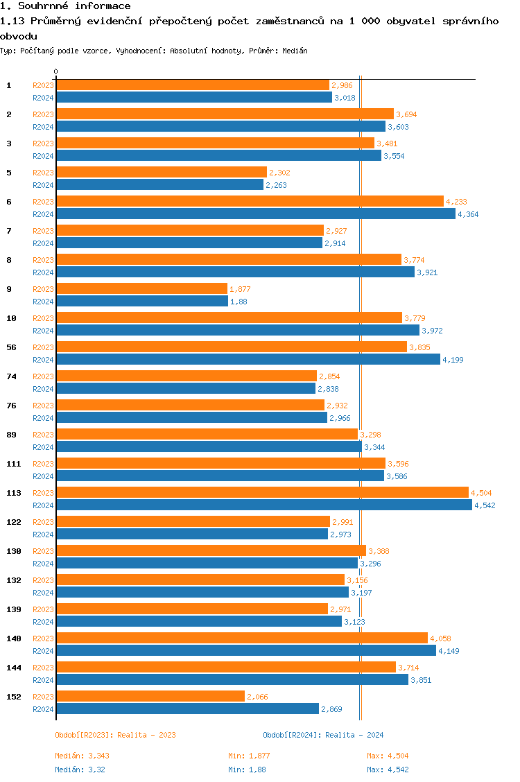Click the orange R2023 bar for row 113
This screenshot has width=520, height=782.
pyautogui.click(x=262, y=492)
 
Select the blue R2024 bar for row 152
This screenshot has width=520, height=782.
pyautogui.click(x=187, y=709)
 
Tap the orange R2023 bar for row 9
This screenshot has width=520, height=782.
pyautogui.click(x=141, y=288)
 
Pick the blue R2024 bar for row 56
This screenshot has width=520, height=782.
pyautogui.click(x=248, y=359)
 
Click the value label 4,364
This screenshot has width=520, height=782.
pyautogui.click(x=468, y=214)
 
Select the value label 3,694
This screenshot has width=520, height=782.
pyautogui.click(x=406, y=114)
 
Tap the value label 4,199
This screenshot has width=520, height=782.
pyautogui.click(x=453, y=360)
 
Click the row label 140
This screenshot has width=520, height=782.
pyautogui.click(x=13, y=638)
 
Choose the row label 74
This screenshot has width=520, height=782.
pyautogui.click(x=12, y=376)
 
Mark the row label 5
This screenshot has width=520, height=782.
pyautogui.click(x=9, y=172)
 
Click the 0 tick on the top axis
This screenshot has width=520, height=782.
pyautogui.click(x=55, y=72)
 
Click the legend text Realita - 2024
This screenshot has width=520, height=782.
pyautogui.click(x=354, y=735)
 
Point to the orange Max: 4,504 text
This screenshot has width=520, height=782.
pyautogui.click(x=392, y=756)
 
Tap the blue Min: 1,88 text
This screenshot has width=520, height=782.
pyautogui.click(x=247, y=770)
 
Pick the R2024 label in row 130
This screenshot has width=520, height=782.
pyautogui.click(x=43, y=564)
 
